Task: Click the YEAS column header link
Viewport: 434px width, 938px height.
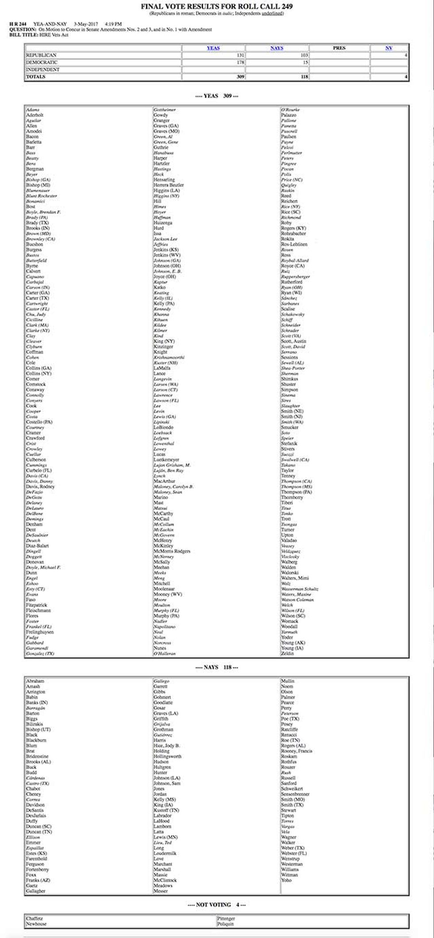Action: (x=213, y=48)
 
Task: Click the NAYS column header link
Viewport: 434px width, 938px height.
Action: (x=277, y=48)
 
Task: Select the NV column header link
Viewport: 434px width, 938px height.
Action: (x=388, y=48)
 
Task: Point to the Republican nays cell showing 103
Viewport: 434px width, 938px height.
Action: (x=277, y=55)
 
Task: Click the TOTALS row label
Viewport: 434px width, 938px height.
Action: (x=36, y=77)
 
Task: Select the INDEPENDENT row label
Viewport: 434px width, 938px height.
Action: (x=43, y=69)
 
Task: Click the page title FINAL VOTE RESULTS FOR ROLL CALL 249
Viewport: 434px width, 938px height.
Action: (x=217, y=7)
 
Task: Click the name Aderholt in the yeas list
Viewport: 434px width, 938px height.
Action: (x=35, y=115)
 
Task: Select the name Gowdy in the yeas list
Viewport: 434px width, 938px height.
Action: (x=161, y=115)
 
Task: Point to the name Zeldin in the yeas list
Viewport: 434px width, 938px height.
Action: (x=287, y=653)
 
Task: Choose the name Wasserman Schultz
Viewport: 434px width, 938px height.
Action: (x=300, y=589)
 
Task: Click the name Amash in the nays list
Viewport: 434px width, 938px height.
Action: (x=33, y=687)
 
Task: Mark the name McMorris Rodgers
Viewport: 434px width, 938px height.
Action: (x=172, y=551)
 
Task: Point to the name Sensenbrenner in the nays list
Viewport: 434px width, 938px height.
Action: (x=295, y=794)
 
